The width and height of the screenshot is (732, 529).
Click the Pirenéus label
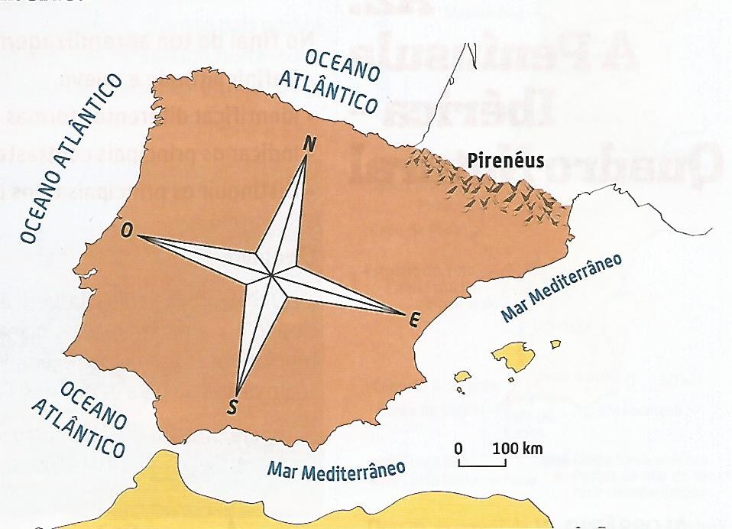click(x=506, y=161)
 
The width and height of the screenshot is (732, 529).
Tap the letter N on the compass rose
click(x=310, y=144)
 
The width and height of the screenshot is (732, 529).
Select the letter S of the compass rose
click(x=232, y=406)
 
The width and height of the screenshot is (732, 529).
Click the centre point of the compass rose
click(x=271, y=274)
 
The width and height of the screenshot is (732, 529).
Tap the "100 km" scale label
click(x=517, y=447)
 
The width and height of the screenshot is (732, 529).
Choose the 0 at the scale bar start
click(x=458, y=447)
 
